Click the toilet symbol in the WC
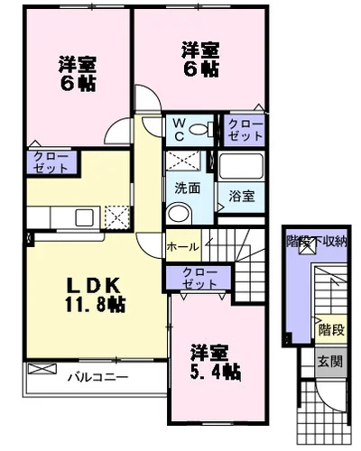point(201,129)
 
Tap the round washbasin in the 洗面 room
point(179,213)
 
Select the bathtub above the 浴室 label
point(241,166)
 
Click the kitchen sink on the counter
point(84,217)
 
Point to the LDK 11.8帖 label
point(95,295)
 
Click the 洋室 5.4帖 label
point(215,363)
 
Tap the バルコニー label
point(97,377)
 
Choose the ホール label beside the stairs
point(182,247)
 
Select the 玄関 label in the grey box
point(330,361)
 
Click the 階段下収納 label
point(317,241)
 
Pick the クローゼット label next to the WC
point(245,130)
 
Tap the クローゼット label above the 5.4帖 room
point(199,278)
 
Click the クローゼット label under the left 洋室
point(51,162)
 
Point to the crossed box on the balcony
point(42,369)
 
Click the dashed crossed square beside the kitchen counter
point(117,217)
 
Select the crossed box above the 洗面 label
point(183,161)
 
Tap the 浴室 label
point(242,197)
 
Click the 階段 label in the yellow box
point(331,329)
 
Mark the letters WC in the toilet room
point(179,129)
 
